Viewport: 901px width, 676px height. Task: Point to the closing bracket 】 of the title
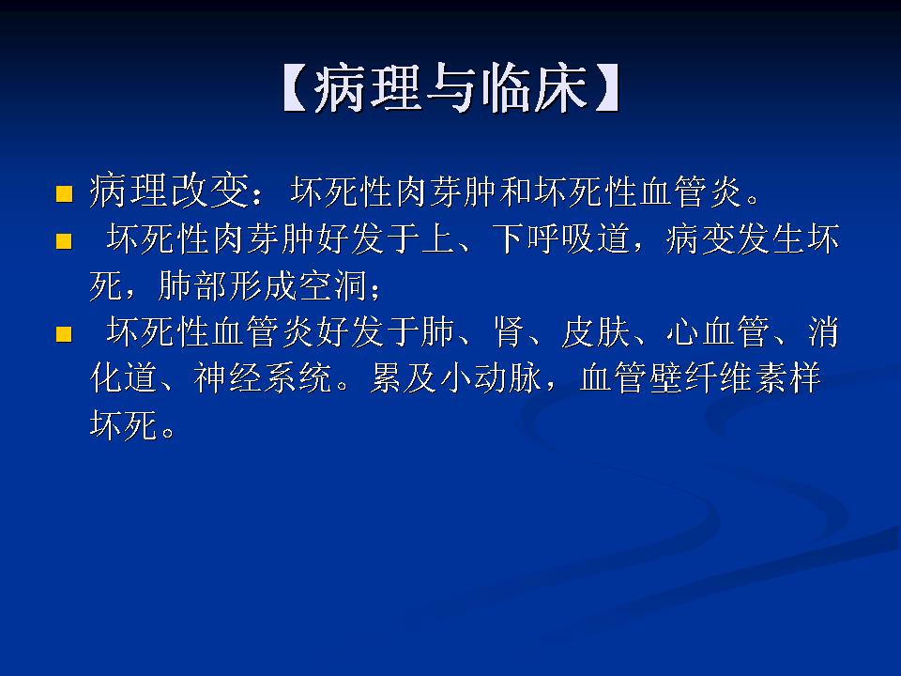[605, 90]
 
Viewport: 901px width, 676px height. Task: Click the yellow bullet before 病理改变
[64, 195]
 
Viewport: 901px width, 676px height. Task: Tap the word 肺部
[193, 285]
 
